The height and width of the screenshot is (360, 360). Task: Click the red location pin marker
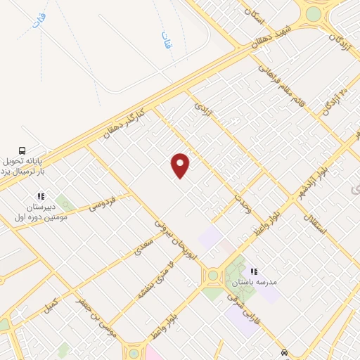tap(181, 165)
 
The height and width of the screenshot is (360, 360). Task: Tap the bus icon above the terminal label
tap(22, 150)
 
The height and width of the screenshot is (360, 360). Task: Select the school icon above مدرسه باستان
tap(254, 270)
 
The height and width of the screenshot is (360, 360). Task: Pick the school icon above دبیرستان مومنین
tap(41, 198)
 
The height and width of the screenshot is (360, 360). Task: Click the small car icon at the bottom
tap(283, 352)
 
